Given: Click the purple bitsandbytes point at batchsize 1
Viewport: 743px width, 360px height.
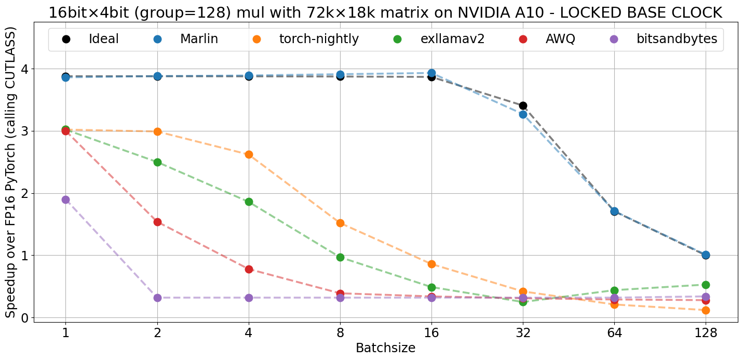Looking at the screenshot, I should click(65, 199).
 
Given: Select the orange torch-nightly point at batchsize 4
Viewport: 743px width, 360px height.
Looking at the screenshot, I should click(249, 154).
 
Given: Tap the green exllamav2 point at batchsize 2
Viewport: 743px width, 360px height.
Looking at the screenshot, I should click(157, 162).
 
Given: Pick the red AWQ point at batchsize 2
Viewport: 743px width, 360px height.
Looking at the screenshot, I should click(157, 222).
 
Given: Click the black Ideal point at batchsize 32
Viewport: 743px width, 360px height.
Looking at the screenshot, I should click(523, 105).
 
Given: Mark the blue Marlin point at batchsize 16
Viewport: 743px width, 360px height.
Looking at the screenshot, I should click(431, 73).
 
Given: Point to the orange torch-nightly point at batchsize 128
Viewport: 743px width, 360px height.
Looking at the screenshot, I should click(706, 310).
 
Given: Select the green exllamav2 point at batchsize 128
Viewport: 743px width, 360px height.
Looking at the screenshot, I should click(706, 285).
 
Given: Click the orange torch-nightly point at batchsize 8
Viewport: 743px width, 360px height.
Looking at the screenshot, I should click(340, 223).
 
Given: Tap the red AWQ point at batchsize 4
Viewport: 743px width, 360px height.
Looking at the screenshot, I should click(249, 269).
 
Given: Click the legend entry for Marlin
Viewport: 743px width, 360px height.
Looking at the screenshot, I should click(198, 39).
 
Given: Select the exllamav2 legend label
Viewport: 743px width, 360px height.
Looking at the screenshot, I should click(452, 39).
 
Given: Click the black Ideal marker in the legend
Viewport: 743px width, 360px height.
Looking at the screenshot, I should click(65, 39).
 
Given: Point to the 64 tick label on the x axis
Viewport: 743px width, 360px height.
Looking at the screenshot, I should click(614, 332).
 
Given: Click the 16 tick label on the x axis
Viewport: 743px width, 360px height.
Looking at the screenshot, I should click(431, 332).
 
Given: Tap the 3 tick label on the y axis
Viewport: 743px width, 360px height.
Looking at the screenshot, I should click(24, 131).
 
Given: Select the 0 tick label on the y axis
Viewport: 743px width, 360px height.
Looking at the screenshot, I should click(24, 317).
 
